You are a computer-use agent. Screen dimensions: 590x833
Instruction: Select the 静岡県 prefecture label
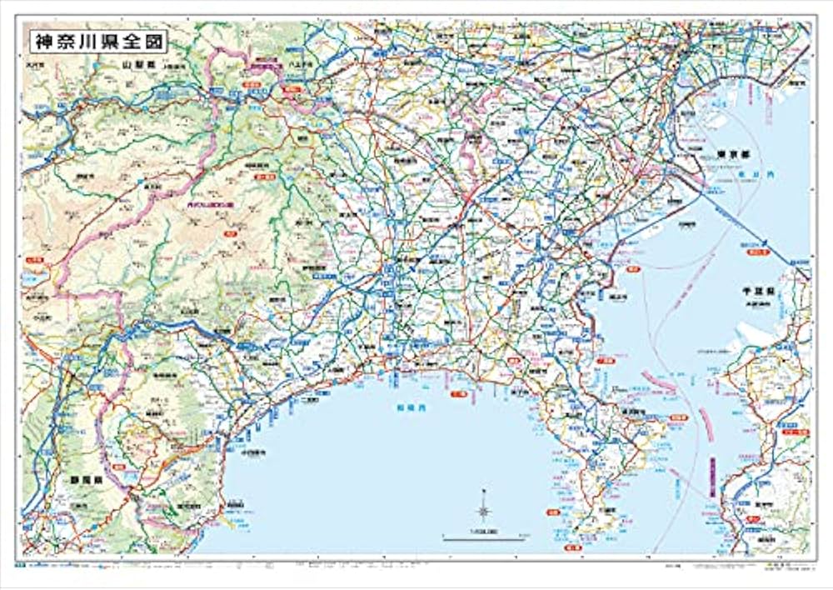click(73, 480)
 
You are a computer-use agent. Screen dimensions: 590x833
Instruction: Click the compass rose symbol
click(484, 510)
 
